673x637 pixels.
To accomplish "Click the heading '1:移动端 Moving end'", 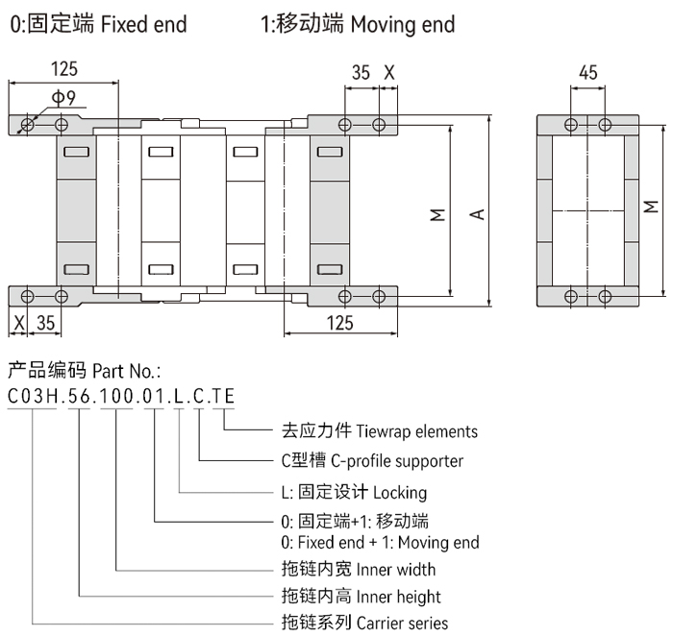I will [x=358, y=23].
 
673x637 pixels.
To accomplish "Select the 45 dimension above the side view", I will [x=588, y=72].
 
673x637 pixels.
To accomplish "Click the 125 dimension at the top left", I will [x=64, y=69].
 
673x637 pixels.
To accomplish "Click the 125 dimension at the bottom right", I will [x=338, y=324].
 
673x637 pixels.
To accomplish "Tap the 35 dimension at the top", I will [x=361, y=72].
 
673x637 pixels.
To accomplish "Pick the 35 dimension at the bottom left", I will [x=44, y=324].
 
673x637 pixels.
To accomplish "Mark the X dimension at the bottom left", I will [x=16, y=324].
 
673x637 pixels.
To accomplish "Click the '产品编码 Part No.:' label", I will [x=84, y=370].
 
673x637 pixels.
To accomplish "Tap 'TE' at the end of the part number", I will [x=224, y=395].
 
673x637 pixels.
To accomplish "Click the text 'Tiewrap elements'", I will [x=416, y=431].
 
